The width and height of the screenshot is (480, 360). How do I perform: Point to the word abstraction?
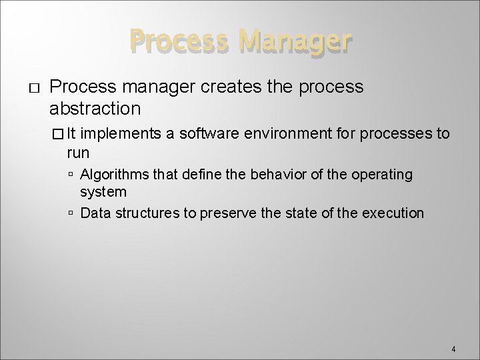[x=95, y=108]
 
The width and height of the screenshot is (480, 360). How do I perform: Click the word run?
[x=78, y=153]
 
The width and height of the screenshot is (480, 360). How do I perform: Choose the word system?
[x=103, y=192]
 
